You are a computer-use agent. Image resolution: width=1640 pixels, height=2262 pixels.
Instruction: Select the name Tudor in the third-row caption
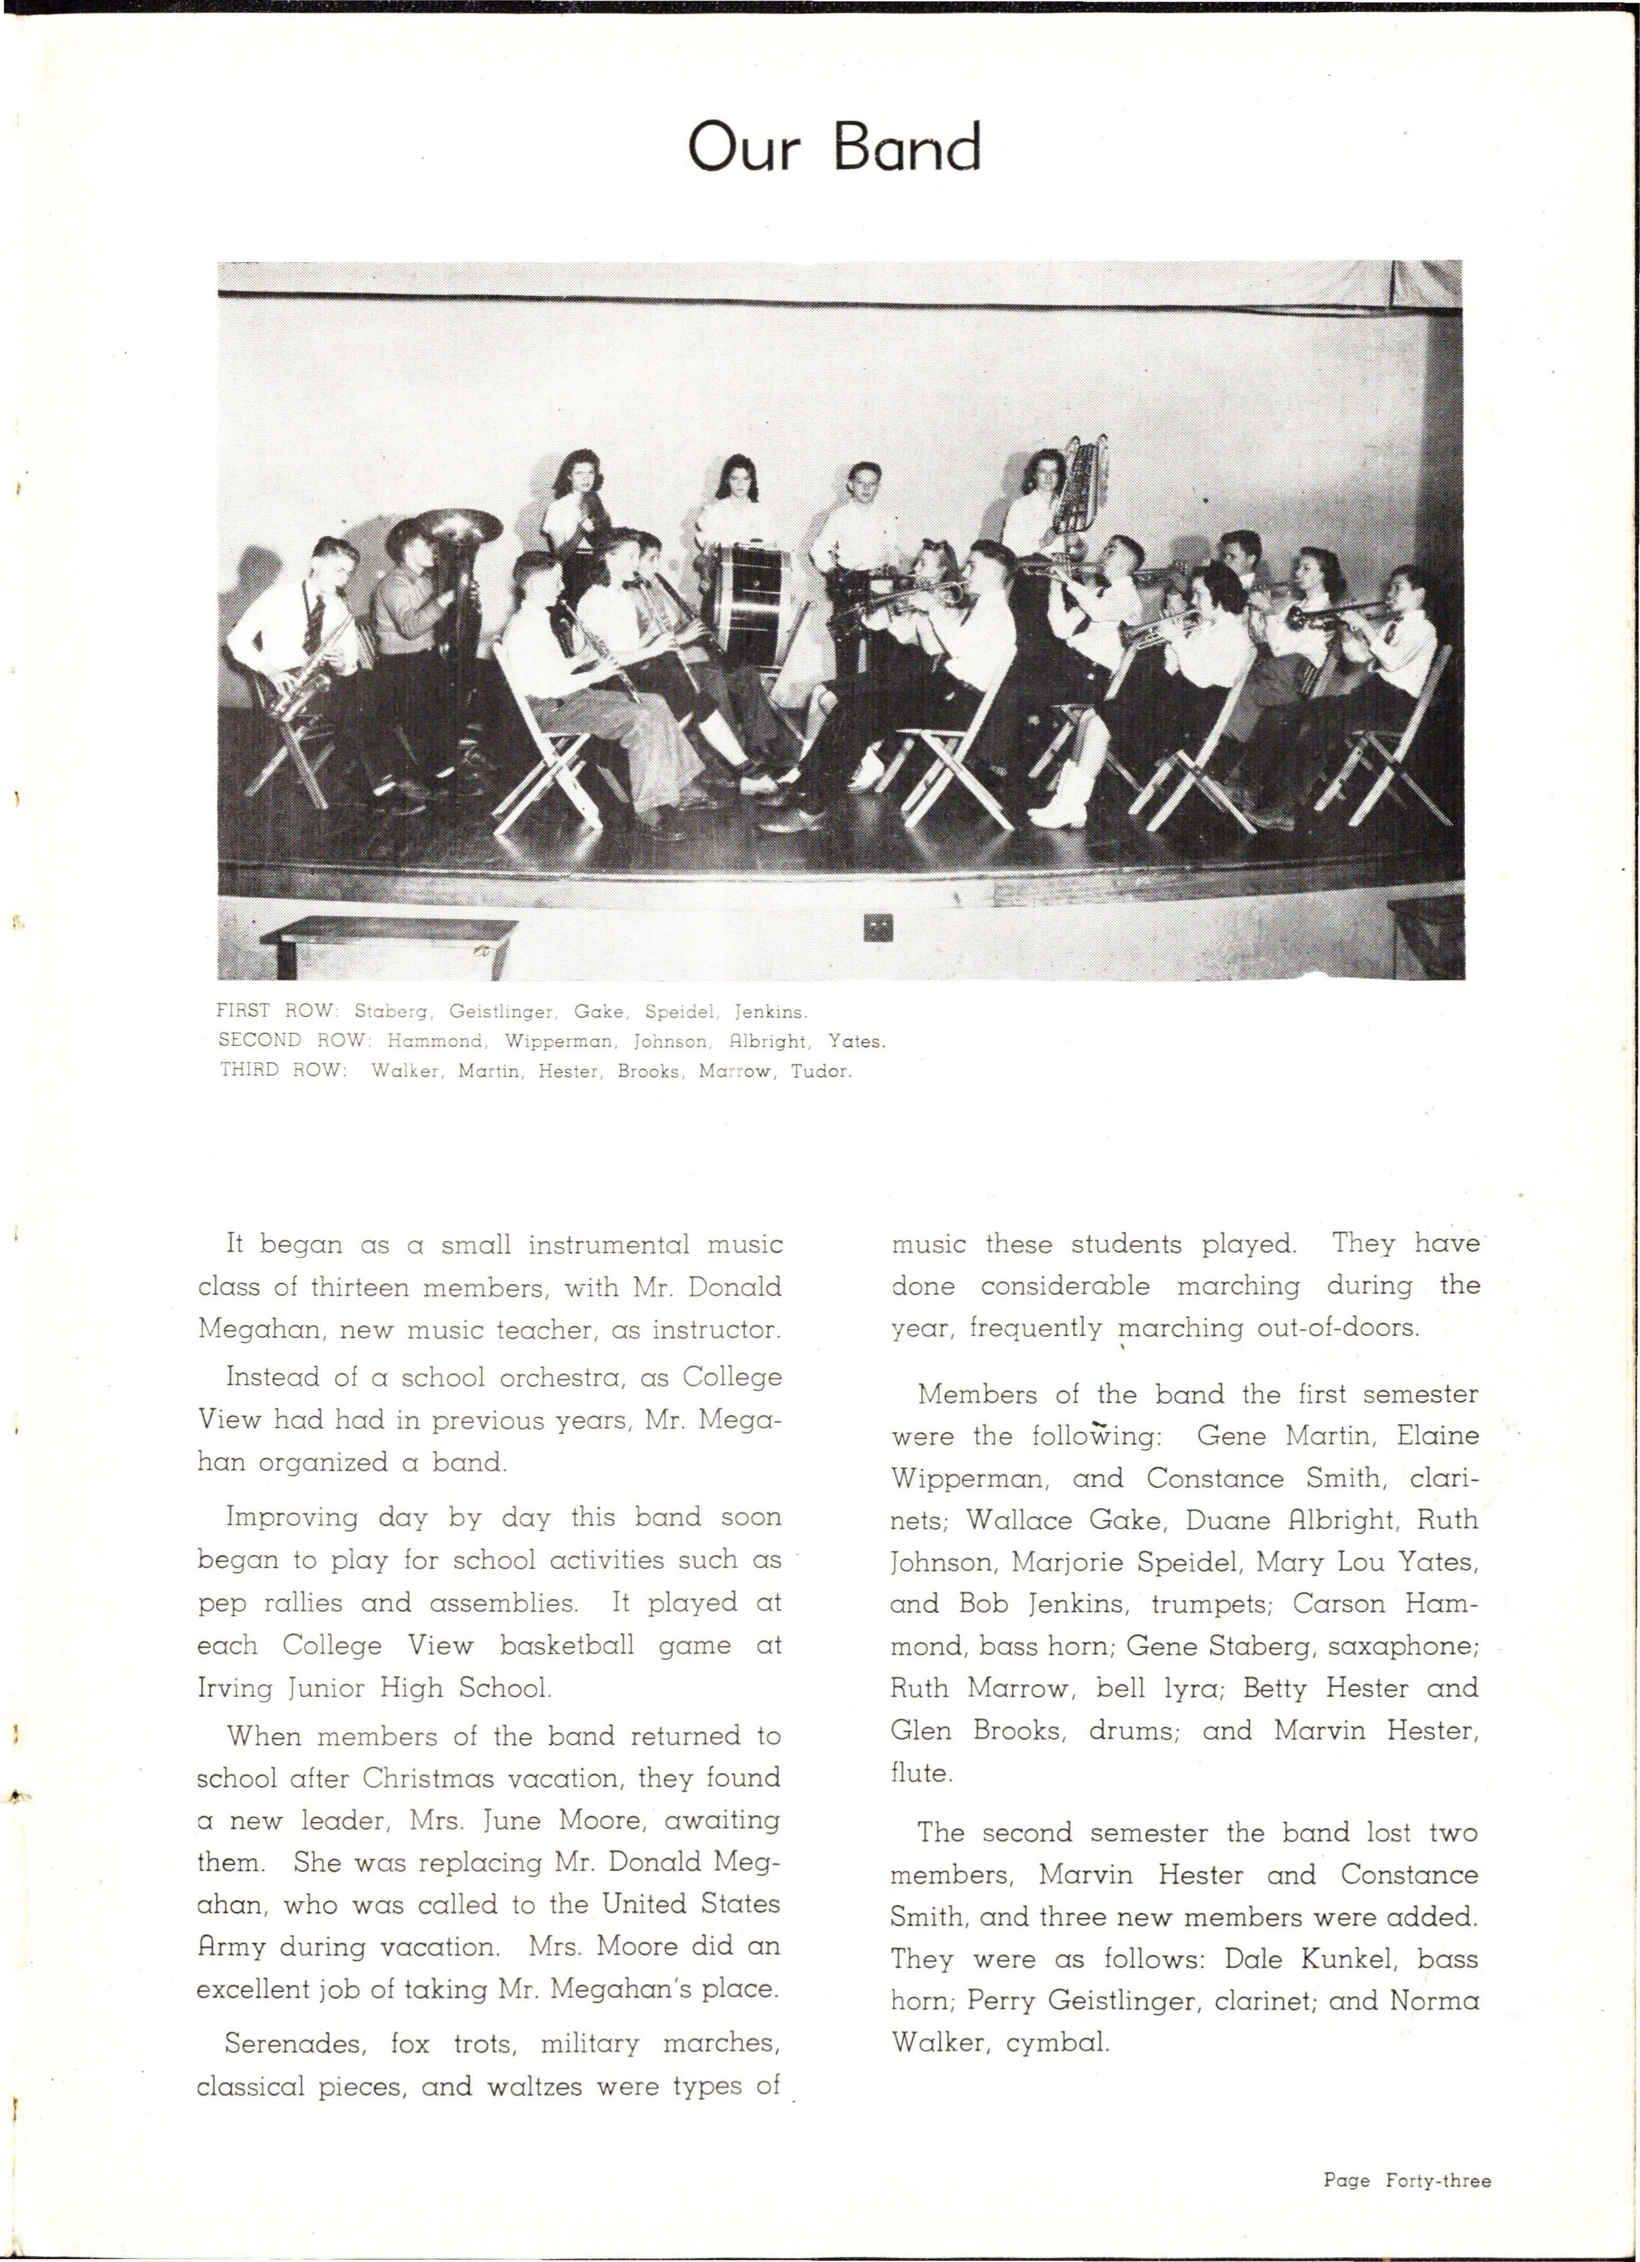click(x=821, y=1072)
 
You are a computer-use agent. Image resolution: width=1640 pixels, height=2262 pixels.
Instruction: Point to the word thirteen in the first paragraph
click(x=360, y=1286)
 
